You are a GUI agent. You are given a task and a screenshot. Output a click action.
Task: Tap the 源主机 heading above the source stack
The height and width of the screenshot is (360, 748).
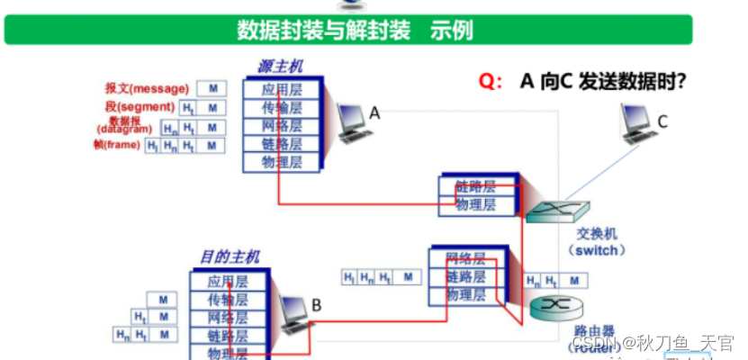(x=280, y=67)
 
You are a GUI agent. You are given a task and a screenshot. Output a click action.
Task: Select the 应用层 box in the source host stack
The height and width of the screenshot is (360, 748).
(x=282, y=89)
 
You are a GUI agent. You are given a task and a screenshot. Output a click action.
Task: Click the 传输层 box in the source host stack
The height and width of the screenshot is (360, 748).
(x=282, y=107)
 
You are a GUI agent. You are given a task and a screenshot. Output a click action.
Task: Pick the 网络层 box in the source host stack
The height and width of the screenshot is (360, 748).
(x=282, y=126)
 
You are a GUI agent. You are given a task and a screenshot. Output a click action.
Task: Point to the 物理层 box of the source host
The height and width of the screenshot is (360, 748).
(x=282, y=163)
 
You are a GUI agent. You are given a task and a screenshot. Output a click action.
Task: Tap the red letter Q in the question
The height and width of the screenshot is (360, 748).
(x=490, y=82)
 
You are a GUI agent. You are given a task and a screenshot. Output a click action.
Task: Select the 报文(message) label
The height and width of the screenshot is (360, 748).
(x=147, y=88)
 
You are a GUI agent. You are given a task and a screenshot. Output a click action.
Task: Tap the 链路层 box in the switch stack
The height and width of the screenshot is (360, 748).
(x=475, y=187)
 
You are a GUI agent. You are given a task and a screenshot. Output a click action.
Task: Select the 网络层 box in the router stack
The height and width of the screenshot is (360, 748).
(x=465, y=258)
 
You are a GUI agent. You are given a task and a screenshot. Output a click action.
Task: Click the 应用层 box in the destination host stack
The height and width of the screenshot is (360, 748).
(x=227, y=282)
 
